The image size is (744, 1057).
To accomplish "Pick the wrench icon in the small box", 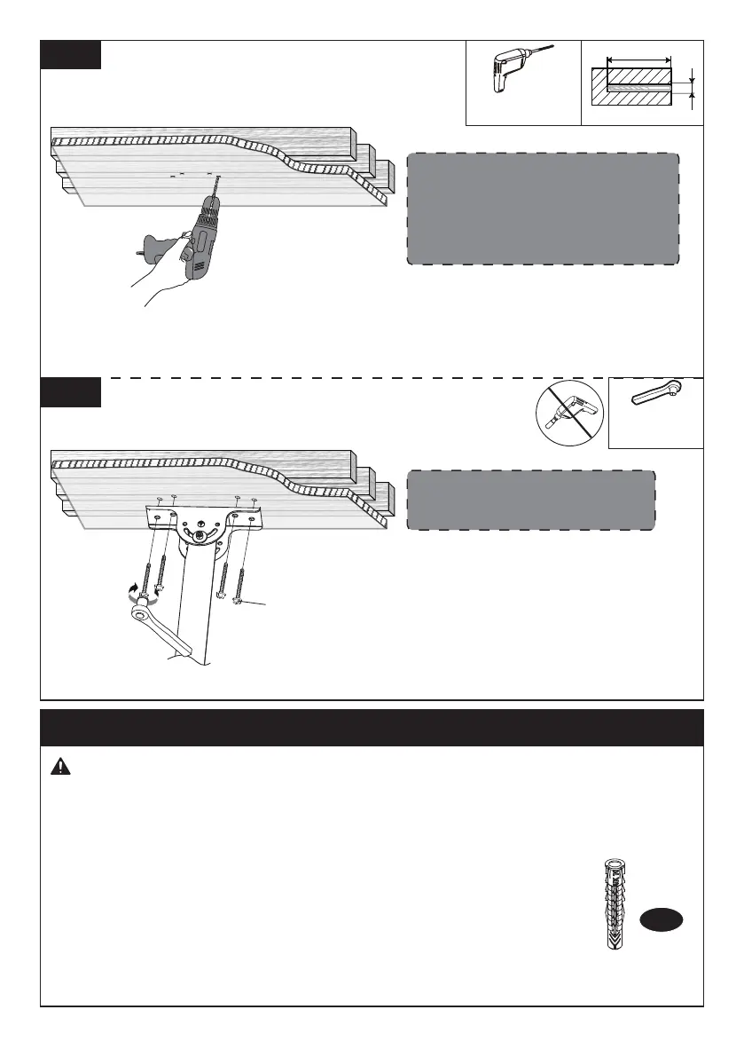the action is coord(655,395).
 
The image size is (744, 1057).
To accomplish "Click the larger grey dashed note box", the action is coord(543,209).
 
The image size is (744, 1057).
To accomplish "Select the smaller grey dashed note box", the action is coord(530,501).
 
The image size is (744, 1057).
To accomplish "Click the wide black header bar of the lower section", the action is coord(372,727).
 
